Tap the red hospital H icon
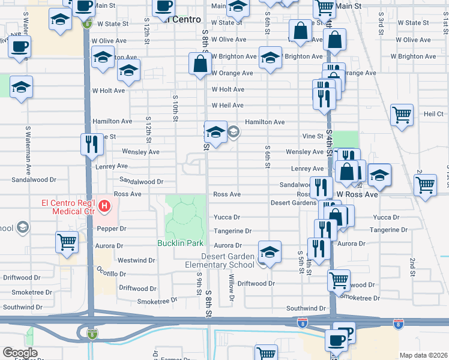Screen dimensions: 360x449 click(x=105, y=208)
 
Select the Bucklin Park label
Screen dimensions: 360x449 click(x=181, y=244)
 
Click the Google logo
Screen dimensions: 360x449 click(x=20, y=353)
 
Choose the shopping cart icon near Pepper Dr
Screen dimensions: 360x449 click(x=67, y=243)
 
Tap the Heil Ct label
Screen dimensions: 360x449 click(x=433, y=113)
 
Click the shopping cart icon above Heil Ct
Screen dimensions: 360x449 click(x=402, y=114)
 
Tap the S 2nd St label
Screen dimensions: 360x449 click(x=412, y=263)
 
